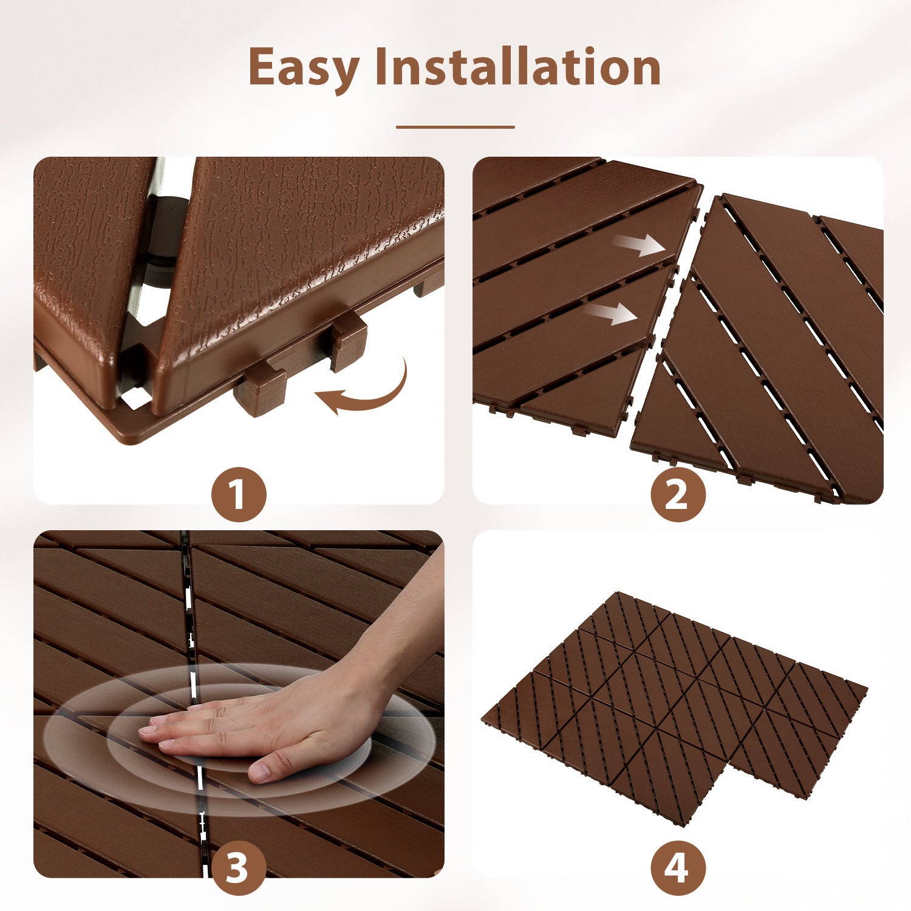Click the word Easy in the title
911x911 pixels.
pos(304,68)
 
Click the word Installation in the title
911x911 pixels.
pos(517,67)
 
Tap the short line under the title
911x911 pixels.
pos(455,128)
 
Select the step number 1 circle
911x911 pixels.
pos(238,494)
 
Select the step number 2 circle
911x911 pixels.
pos(678,494)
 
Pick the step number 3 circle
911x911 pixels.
pos(238,867)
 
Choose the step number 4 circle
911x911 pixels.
pos(678,867)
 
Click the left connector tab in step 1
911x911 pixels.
pos(260,389)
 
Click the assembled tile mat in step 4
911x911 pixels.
pos(674,705)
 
